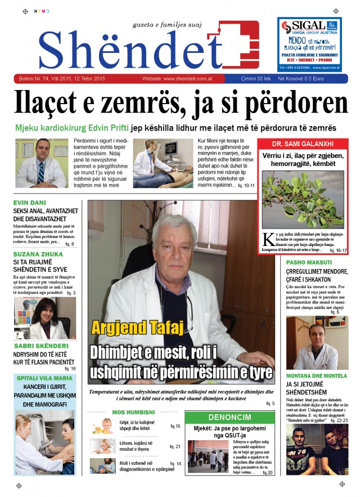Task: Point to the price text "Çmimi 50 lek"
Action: [257, 79]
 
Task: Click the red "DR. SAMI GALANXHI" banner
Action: [303, 144]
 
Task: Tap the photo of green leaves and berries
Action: [303, 199]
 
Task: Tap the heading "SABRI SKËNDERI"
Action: [38, 347]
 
